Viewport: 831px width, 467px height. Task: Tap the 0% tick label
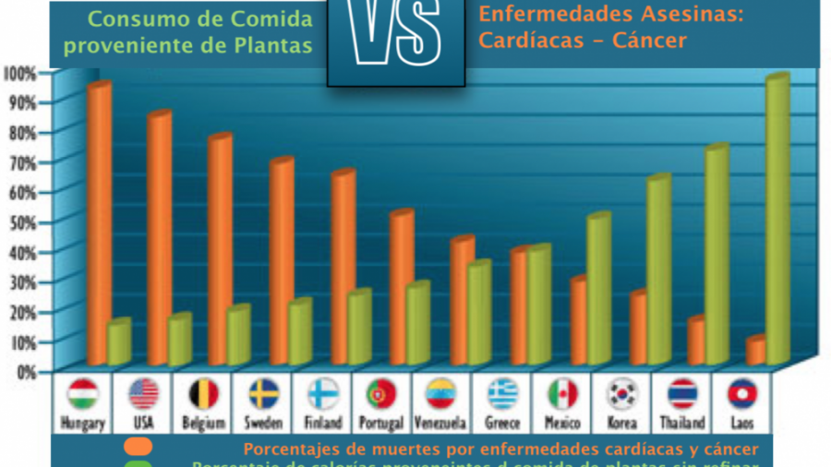[24, 372]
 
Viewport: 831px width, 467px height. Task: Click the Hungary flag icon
[83, 394]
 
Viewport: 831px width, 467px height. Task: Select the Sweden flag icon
[263, 394]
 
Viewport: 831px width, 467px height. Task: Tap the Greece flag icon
[503, 394]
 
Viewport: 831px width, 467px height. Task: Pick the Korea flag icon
[622, 394]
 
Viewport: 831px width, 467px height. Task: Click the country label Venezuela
[440, 423]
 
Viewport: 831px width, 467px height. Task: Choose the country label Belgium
[202, 423]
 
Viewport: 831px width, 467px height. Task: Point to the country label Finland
[323, 423]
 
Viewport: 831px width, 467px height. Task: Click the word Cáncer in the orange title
[649, 42]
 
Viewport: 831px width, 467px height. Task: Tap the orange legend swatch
[139, 448]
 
